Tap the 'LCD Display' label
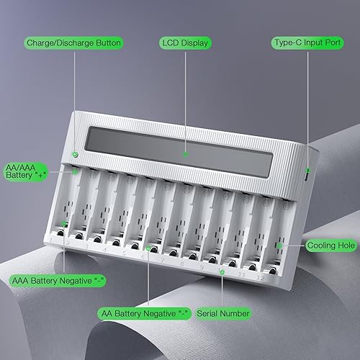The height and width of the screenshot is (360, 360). [185, 43]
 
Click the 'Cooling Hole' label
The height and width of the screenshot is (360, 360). [330, 245]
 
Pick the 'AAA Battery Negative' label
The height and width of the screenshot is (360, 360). [49, 280]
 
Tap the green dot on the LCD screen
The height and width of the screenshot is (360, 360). [185, 153]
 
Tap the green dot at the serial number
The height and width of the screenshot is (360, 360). [222, 271]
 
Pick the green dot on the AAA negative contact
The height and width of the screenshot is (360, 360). [65, 225]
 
